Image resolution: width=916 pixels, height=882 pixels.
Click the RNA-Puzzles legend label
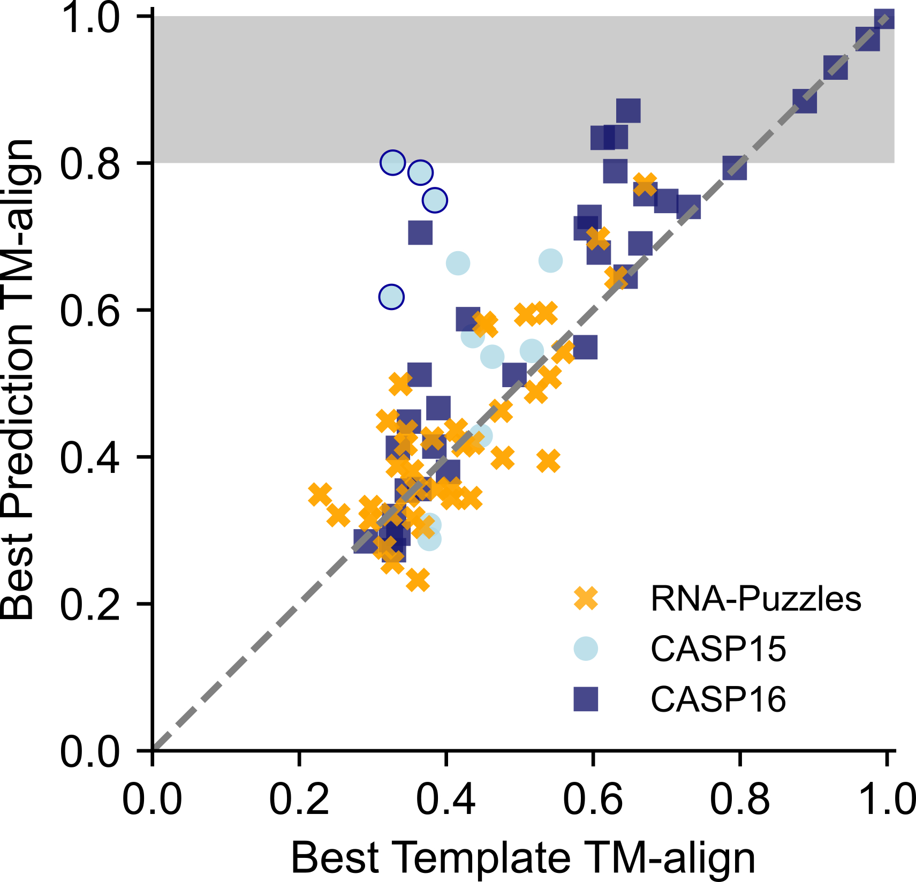[x=755, y=598]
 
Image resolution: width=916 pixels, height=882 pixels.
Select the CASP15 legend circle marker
[x=586, y=649]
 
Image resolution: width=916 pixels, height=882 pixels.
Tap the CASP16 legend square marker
[x=586, y=699]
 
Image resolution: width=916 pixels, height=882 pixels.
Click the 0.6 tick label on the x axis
[x=593, y=800]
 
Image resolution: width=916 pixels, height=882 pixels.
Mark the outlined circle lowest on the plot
[x=391, y=297]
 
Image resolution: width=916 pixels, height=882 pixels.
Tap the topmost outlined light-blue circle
[x=392, y=162]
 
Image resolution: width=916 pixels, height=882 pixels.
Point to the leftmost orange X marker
[x=320, y=495]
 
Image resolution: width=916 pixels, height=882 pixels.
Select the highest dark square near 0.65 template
[x=628, y=111]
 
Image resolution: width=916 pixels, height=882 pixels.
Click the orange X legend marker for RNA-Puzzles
[x=586, y=598]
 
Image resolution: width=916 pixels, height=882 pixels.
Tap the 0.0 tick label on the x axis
[x=153, y=800]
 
